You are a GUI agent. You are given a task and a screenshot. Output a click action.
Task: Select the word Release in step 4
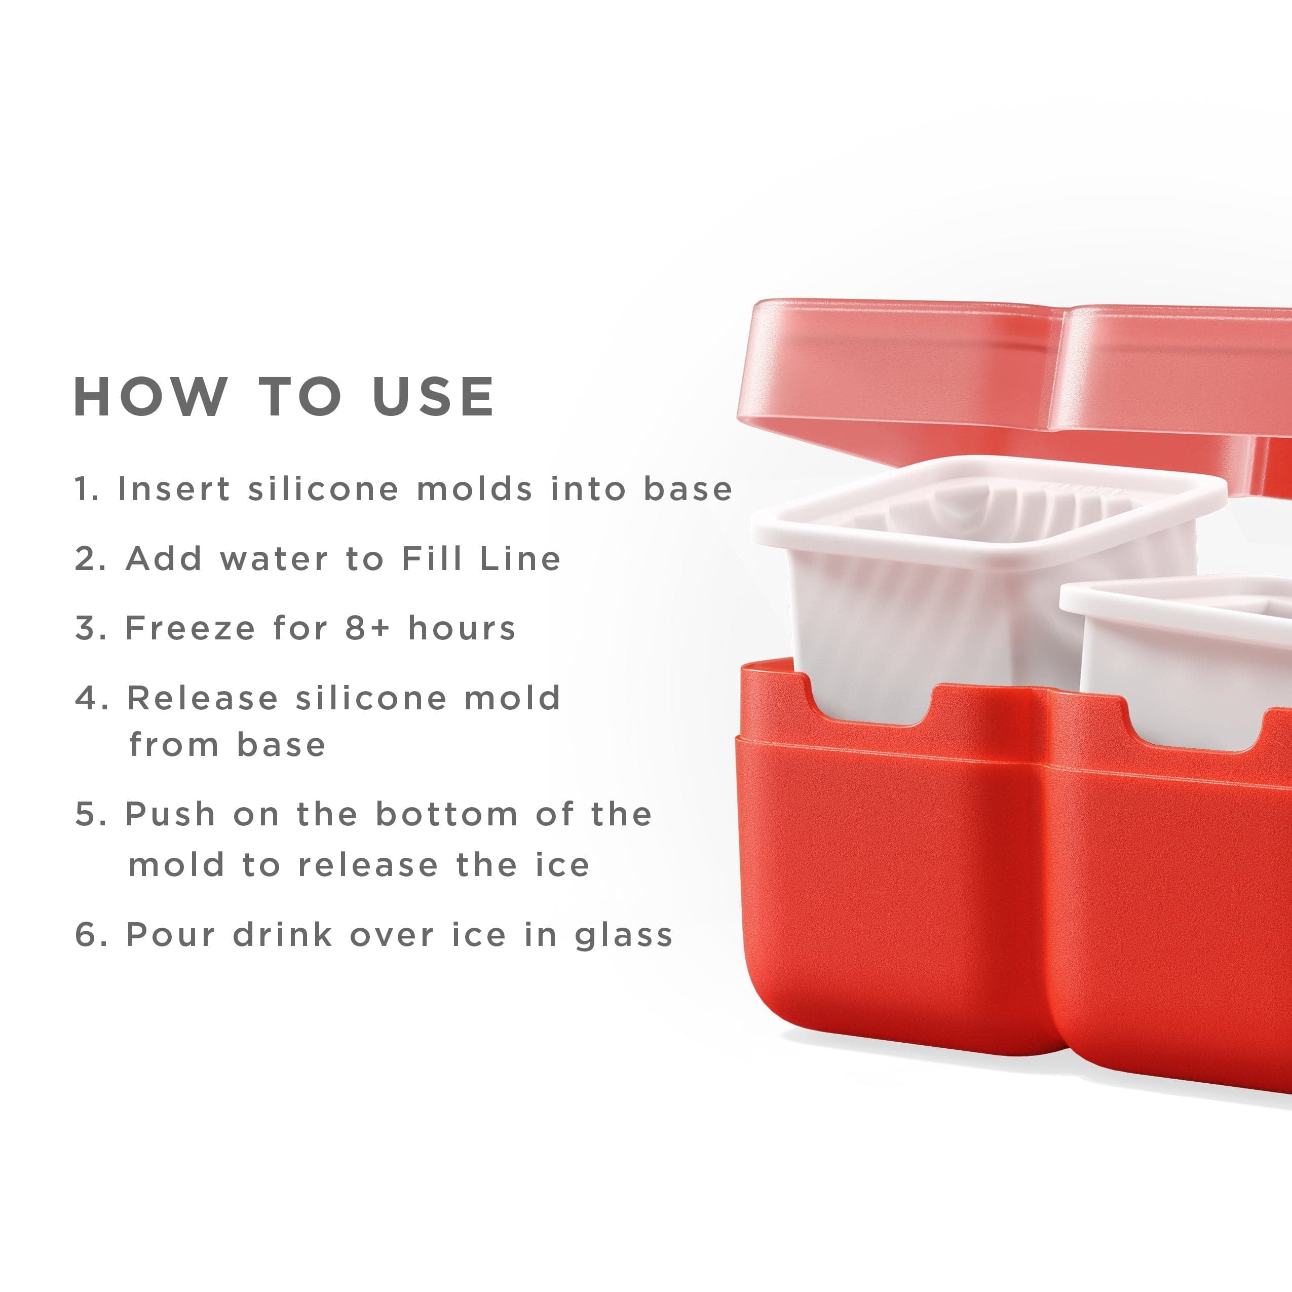[203, 698]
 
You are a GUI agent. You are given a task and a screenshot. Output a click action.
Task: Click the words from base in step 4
[227, 744]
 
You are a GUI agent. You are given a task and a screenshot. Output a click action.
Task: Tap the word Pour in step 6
[170, 935]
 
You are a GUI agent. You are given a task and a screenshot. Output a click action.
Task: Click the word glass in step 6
[624, 935]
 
